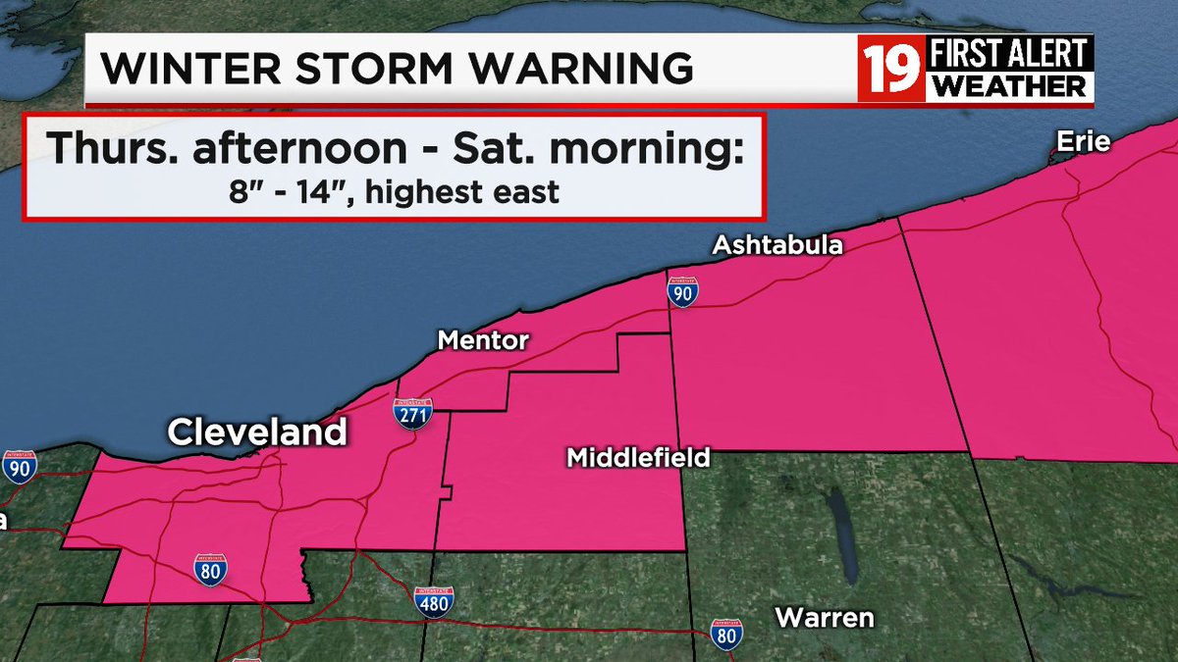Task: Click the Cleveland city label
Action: [x=256, y=432]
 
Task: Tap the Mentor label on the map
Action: [x=483, y=341]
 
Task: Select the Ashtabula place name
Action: [x=777, y=245]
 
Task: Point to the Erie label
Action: [x=1083, y=142]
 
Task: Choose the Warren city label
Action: [x=825, y=618]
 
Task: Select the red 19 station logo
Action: [x=891, y=69]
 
